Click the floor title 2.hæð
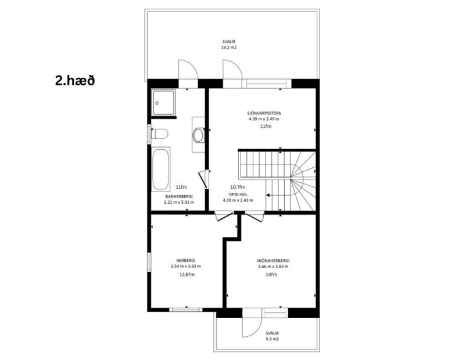pos(75,80)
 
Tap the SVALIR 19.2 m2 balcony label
pos(229,45)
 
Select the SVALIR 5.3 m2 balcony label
pos(272,337)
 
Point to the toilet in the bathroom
pos(159,134)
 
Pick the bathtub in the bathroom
pos(161,169)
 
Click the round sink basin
pos(198,135)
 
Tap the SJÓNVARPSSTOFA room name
pos(263,113)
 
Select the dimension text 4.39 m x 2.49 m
pos(263,119)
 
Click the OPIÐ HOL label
pos(238,194)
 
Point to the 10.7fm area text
pos(237,187)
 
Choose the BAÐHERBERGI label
pos(178,196)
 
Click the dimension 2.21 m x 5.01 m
pos(178,203)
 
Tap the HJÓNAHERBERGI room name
pos(273,261)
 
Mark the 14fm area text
pos(272,274)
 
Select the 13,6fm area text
pos(185,274)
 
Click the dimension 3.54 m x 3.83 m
pos(185,266)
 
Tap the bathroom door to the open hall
pos(203,179)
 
